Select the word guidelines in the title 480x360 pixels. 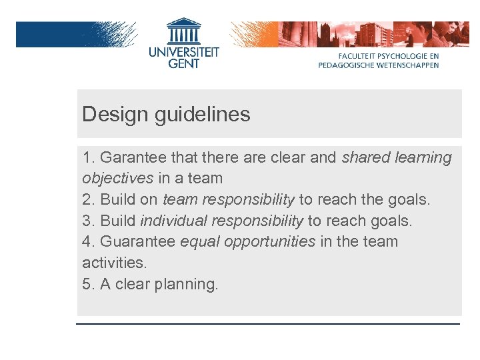click(x=203, y=115)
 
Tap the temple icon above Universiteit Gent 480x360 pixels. click(x=183, y=31)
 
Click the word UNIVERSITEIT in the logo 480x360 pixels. click(x=183, y=52)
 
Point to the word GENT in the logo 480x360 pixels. click(x=183, y=64)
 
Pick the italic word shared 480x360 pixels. click(x=365, y=158)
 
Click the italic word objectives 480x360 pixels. click(x=117, y=179)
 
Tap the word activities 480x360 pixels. click(x=113, y=263)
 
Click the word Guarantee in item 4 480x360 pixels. click(x=138, y=241)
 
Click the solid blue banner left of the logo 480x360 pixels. click(x=53, y=34)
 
